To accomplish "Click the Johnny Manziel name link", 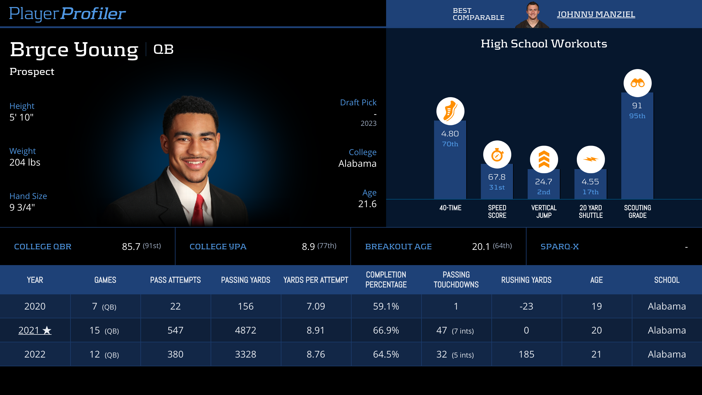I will (x=596, y=14).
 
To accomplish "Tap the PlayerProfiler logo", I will (x=67, y=14).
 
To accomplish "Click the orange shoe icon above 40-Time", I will (x=450, y=111).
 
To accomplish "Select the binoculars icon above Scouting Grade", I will (x=637, y=83).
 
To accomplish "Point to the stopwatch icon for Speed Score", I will (x=497, y=155).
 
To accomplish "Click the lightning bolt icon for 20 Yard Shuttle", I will (x=591, y=159).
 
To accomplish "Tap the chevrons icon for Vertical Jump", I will (x=544, y=159).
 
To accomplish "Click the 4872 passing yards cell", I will (x=246, y=330).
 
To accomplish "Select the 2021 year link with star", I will (x=35, y=330).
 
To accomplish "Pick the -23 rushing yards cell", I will (x=526, y=306).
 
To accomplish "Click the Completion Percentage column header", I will (x=386, y=280).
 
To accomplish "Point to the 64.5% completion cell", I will (x=386, y=354).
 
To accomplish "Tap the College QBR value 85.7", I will (x=131, y=247).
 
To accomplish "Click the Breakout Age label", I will (x=398, y=247).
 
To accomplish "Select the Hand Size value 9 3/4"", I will (x=22, y=207).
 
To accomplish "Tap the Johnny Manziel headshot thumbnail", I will (x=532, y=15).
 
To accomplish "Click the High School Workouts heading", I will (x=544, y=44).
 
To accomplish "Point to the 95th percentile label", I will (x=637, y=116).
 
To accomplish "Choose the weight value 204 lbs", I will (x=25, y=162).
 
